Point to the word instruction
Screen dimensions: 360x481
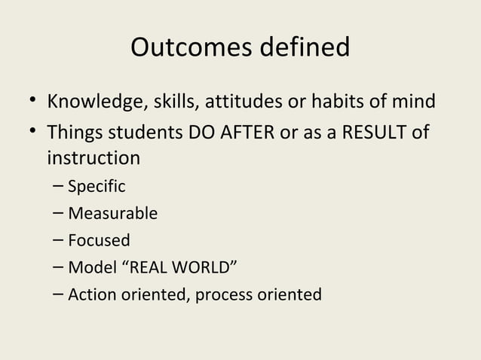click(93, 159)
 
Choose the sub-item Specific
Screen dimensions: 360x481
click(97, 186)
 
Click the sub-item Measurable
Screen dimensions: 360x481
click(112, 213)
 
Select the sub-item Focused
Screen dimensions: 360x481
click(99, 240)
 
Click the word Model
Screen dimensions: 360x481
click(89, 267)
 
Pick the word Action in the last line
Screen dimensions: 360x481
click(89, 294)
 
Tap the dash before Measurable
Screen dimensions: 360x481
click(59, 213)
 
